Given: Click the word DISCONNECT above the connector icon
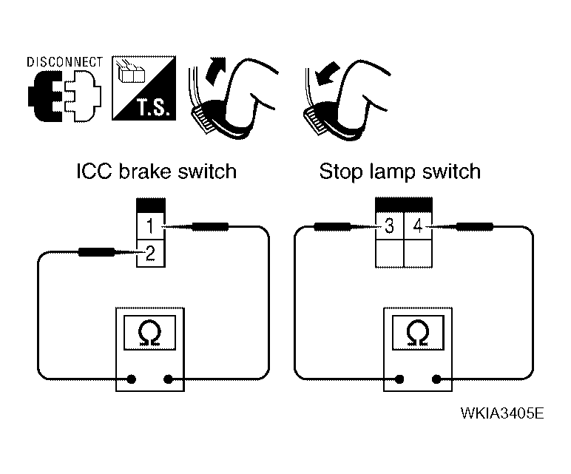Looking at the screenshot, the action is point(65,62).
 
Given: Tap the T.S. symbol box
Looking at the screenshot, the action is point(143,88).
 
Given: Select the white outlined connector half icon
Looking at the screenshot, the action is point(83,96).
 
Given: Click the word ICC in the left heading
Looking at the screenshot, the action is point(94,171).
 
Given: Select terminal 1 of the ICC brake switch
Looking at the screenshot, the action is point(150,226).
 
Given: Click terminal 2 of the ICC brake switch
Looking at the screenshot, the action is point(150,254).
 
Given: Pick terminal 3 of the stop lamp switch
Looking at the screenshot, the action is point(390,226).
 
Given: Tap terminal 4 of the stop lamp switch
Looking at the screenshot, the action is point(418,226).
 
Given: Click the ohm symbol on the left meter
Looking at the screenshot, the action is point(149,333).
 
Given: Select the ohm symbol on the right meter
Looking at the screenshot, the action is point(418,333).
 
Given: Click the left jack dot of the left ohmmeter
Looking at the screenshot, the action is point(132,379).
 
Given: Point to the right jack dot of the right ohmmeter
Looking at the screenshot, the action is point(436,379).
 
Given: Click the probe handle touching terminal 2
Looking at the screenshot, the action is point(97,251).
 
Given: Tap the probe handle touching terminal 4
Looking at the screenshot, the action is point(475,227).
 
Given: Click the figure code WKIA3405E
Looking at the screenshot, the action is point(502,413).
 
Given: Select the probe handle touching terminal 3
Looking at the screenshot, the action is point(332,227).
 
